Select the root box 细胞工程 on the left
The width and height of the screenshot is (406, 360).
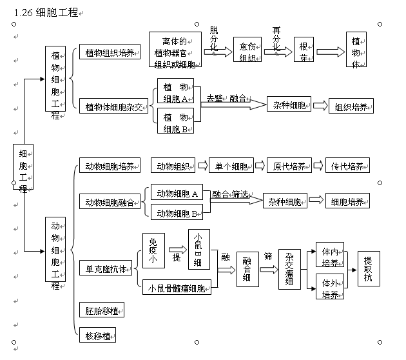[23, 166]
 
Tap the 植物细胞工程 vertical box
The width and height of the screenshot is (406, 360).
[55, 79]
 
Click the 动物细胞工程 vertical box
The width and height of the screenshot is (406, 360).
[55, 252]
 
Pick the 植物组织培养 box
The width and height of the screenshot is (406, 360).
[109, 52]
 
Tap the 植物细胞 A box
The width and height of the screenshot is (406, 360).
[175, 92]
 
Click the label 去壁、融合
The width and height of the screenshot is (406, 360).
[226, 98]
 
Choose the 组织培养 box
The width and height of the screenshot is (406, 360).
[351, 106]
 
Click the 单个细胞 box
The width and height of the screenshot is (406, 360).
[231, 166]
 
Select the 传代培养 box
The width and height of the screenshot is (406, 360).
[347, 166]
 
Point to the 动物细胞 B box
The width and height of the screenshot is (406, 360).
[176, 212]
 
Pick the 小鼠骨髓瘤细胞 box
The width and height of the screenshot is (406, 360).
[177, 288]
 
